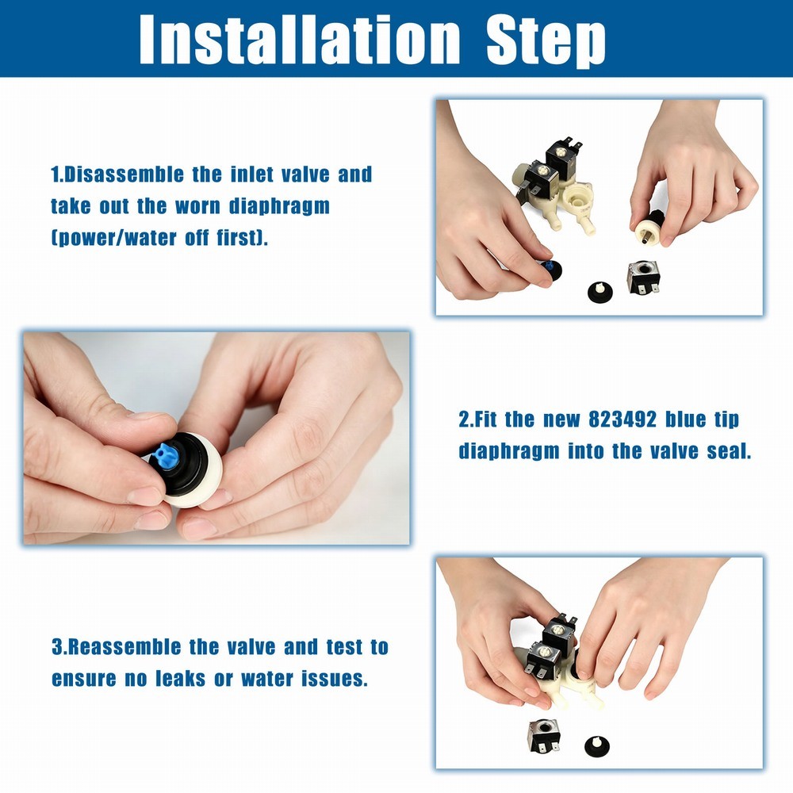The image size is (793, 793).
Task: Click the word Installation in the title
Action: pyautogui.click(x=300, y=39)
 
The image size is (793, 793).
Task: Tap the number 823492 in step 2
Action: pyautogui.click(x=622, y=419)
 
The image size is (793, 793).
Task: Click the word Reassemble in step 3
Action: pyautogui.click(x=124, y=647)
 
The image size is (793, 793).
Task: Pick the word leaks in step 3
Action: pyautogui.click(x=181, y=679)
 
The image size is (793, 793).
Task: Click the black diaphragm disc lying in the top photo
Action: pyautogui.click(x=600, y=293)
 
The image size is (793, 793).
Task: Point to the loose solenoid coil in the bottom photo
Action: pyautogui.click(x=544, y=735)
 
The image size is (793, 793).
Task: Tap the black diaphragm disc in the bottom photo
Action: pyautogui.click(x=597, y=745)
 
